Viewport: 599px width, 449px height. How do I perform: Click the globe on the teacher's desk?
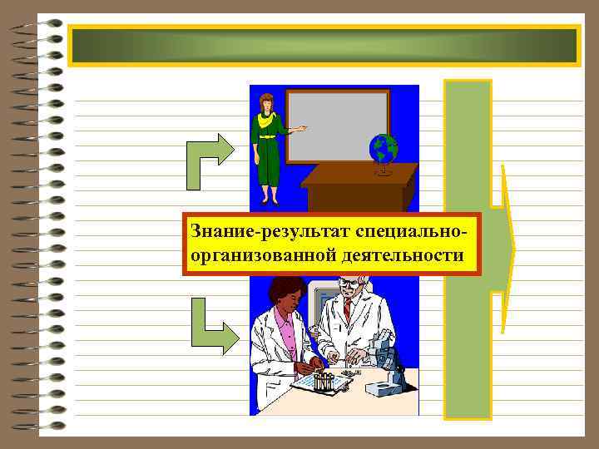tap(384, 150)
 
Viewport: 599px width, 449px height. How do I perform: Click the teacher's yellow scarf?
tap(266, 120)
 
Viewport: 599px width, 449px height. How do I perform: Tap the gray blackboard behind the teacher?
tap(337, 125)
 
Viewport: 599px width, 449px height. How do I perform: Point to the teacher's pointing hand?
tap(301, 128)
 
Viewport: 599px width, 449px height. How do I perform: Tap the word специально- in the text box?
tap(407, 229)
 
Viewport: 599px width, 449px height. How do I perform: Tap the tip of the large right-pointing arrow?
tap(512, 247)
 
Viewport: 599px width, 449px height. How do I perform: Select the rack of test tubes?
tap(323, 382)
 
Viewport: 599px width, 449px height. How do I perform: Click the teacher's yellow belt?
tap(266, 136)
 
